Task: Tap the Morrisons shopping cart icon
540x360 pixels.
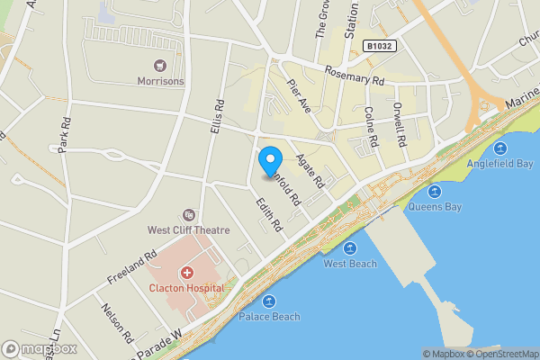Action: click(160, 65)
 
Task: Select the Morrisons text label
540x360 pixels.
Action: click(160, 81)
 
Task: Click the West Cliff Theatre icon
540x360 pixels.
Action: click(188, 214)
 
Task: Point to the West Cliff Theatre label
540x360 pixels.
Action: click(189, 230)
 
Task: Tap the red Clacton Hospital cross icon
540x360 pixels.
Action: click(187, 272)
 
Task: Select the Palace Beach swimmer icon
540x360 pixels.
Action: click(269, 301)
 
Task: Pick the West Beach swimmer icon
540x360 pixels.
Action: click(350, 247)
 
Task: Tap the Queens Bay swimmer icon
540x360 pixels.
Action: click(434, 191)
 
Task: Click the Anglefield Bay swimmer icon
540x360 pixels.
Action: click(500, 148)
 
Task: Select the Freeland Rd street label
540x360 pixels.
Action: click(125, 266)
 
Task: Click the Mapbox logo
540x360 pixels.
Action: click(40, 348)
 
